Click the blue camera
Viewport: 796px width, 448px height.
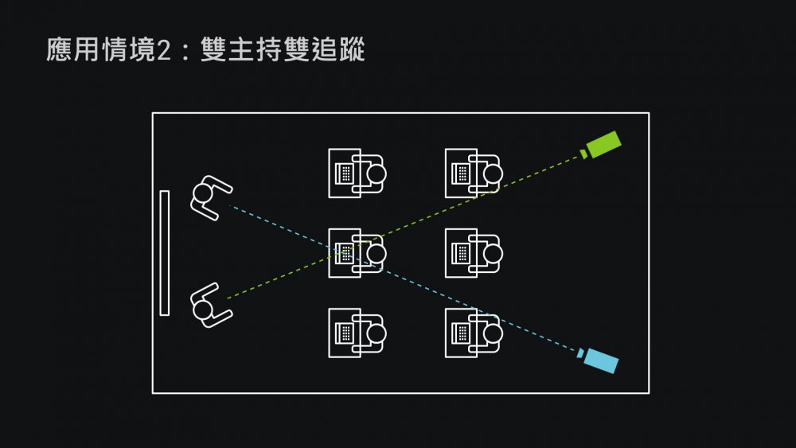tap(601, 361)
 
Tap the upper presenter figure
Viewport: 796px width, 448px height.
tap(209, 197)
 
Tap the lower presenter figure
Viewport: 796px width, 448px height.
tap(209, 306)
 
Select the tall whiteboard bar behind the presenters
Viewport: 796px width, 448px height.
tap(165, 253)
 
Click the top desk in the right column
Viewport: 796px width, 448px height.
tap(474, 173)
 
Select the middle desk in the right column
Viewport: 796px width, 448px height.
tap(474, 253)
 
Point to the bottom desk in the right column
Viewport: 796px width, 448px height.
tap(474, 333)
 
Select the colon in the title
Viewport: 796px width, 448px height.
tap(185, 50)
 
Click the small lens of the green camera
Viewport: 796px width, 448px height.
tap(584, 152)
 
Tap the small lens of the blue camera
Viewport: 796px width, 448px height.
tap(581, 353)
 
